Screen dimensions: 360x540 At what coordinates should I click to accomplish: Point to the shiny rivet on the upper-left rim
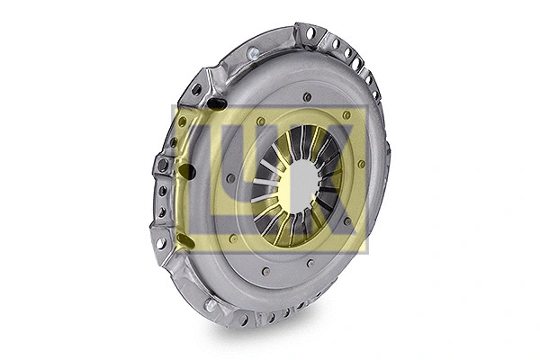coord(253,53)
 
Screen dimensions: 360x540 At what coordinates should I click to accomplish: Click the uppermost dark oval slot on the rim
coord(216,103)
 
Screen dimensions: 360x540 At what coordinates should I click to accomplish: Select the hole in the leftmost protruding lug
coord(162,166)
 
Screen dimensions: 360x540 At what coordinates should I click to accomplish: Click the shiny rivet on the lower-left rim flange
coord(211,304)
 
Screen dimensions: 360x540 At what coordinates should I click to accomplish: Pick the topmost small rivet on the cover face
coord(307,96)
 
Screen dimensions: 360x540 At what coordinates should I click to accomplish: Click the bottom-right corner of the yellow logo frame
coord(367,251)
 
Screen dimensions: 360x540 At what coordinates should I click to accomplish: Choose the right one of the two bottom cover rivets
coord(309,263)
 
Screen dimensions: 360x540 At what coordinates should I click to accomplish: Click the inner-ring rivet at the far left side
coord(231,178)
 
